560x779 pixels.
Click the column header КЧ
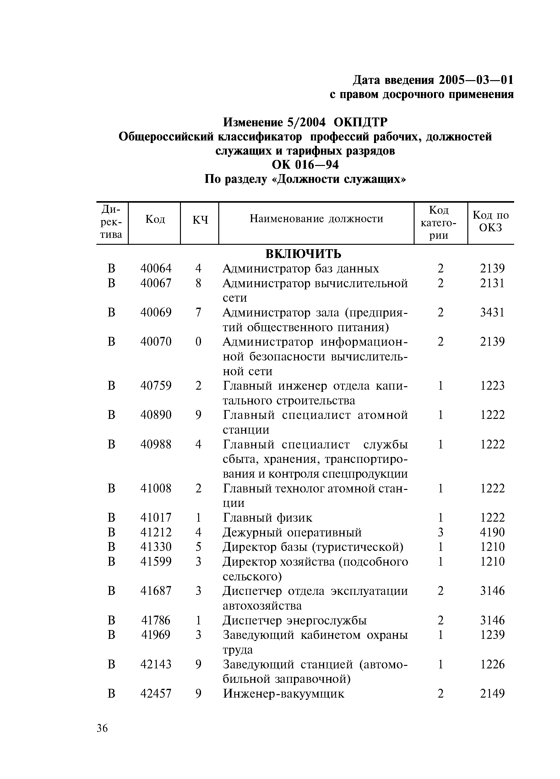(x=200, y=220)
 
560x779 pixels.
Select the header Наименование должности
(x=316, y=219)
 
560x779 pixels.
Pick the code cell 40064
(x=155, y=269)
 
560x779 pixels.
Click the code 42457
(x=155, y=694)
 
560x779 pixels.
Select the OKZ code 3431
(x=492, y=313)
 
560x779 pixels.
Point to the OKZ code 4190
(x=492, y=532)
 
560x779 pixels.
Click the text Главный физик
(x=268, y=518)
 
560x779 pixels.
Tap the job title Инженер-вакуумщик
(x=283, y=694)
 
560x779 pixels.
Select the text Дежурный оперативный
(x=292, y=532)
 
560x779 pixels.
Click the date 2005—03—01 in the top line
(x=476, y=80)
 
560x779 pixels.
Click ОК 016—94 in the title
(x=305, y=165)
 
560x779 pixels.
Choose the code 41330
(x=155, y=547)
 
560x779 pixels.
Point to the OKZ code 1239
(x=492, y=635)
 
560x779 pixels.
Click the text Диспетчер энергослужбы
(x=295, y=620)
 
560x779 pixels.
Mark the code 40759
(x=155, y=386)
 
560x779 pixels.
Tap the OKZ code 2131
(x=492, y=283)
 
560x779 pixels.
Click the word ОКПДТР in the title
(x=361, y=122)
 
